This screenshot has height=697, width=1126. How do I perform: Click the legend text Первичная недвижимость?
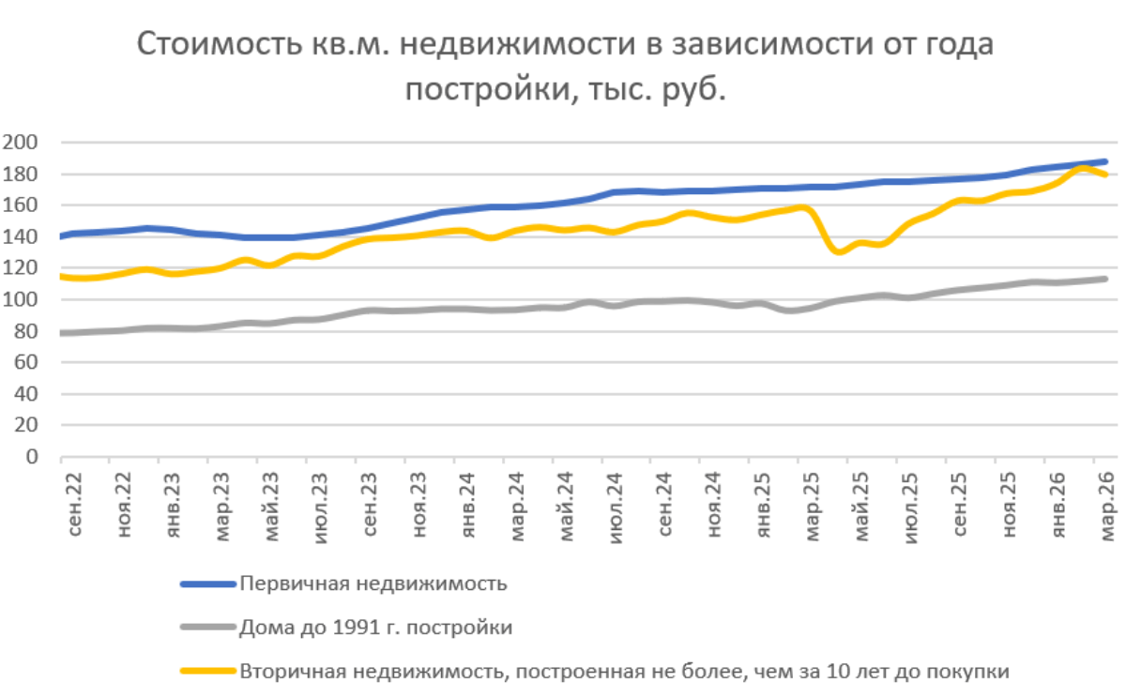click(373, 583)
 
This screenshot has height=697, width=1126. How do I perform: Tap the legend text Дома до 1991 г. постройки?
click(376, 628)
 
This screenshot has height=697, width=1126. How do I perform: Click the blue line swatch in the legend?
click(207, 583)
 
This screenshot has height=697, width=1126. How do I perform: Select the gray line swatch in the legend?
click(207, 628)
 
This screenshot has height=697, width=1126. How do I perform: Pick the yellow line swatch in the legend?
click(207, 672)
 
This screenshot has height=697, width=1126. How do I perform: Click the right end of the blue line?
click(1104, 162)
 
